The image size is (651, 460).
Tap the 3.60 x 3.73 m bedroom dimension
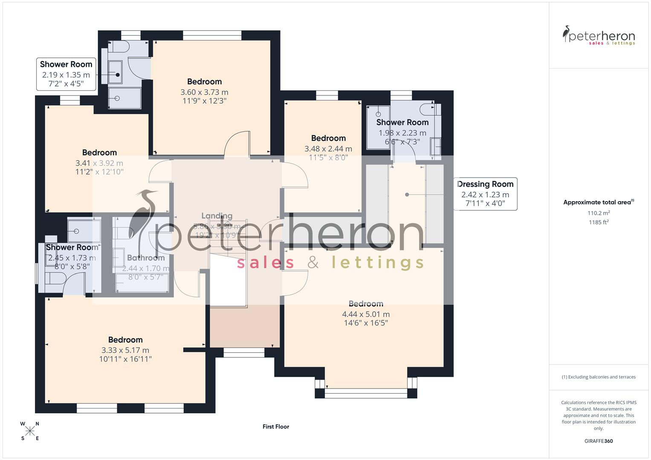(x=204, y=92)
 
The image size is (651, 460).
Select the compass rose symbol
(x=30, y=431)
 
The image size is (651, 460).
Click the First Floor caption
(x=276, y=426)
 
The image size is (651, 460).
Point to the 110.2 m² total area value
(x=599, y=213)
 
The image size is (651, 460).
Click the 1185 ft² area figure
(x=599, y=222)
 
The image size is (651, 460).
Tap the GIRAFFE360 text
(x=599, y=441)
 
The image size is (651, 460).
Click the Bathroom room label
(x=146, y=258)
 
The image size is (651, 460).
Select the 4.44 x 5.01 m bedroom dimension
(x=366, y=314)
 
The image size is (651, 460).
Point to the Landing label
(x=217, y=216)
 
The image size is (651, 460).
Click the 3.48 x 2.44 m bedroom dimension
(x=328, y=149)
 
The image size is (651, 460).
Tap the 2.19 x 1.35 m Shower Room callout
(x=66, y=75)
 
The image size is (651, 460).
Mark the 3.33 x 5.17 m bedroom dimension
(x=125, y=350)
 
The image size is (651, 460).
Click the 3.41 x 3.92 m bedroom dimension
(x=99, y=163)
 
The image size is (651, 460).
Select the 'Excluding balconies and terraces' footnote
(x=599, y=377)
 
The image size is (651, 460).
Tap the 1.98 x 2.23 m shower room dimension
(x=402, y=133)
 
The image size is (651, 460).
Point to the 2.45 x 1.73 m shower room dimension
(x=72, y=258)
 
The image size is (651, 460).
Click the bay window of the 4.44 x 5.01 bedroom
(x=366, y=393)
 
